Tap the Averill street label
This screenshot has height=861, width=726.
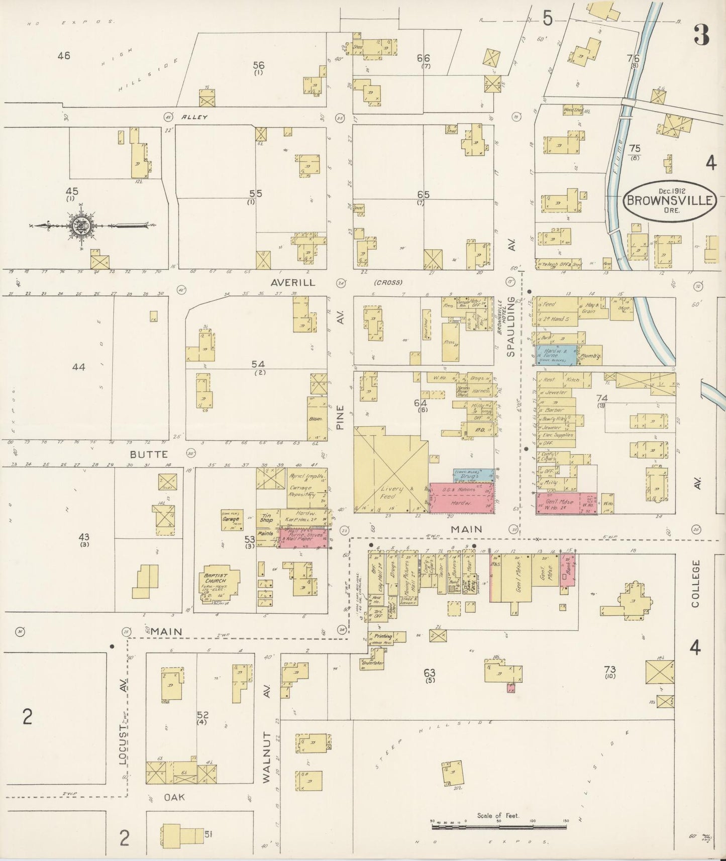[292, 282]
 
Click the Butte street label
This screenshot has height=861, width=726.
[142, 454]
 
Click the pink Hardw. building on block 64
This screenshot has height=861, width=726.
[461, 502]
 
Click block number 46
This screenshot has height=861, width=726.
[63, 56]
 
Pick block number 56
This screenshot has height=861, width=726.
[258, 65]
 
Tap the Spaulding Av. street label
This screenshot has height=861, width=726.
[511, 327]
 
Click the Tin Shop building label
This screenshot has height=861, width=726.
[267, 517]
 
